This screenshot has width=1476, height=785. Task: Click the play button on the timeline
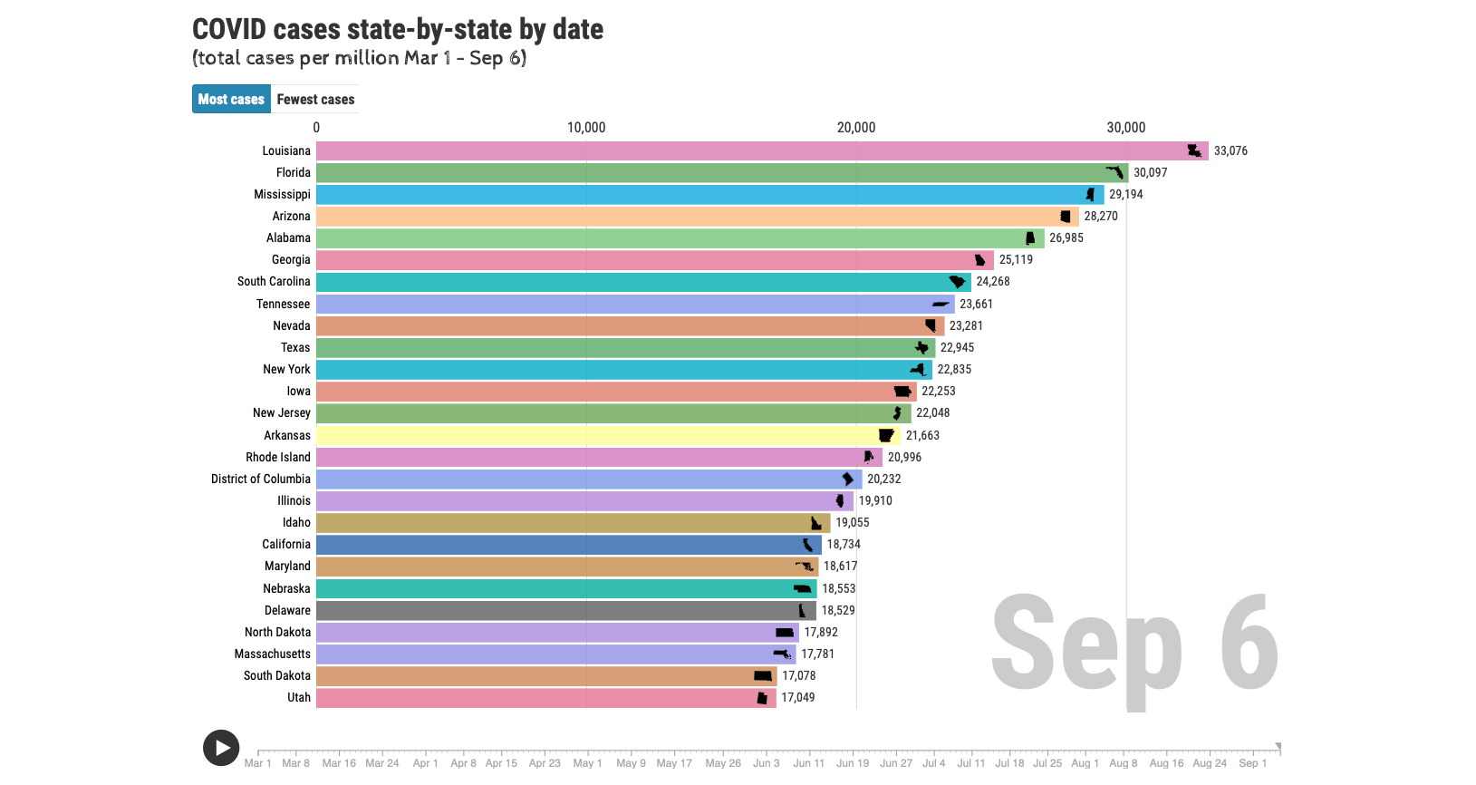[x=221, y=748]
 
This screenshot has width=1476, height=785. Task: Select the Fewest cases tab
[x=315, y=100]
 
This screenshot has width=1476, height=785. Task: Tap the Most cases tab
[x=231, y=100]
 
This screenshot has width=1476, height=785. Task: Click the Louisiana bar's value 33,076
[x=1230, y=151]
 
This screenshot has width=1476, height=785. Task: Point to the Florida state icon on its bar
[x=1114, y=172]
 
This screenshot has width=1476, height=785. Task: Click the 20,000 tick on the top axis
[x=856, y=128]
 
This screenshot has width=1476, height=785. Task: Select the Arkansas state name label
[x=287, y=435]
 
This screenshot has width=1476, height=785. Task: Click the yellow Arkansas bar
[x=598, y=435]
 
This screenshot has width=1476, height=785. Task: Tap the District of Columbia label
[x=261, y=479]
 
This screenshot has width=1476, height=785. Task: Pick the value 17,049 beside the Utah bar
[x=798, y=697]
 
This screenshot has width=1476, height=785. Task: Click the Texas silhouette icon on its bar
[x=922, y=347]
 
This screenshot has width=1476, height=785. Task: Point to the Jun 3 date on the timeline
[x=766, y=762]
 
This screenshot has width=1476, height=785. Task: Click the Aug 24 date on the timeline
[x=1210, y=762]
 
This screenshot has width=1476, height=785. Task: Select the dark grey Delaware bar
[x=562, y=610]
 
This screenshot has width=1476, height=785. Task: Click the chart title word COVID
[x=229, y=30]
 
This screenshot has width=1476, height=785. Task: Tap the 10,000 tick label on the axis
[x=586, y=128]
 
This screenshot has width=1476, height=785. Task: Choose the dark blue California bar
[x=562, y=545]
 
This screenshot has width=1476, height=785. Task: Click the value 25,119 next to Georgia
[x=1016, y=260]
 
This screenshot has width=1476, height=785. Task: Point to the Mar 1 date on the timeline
[x=257, y=762]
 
